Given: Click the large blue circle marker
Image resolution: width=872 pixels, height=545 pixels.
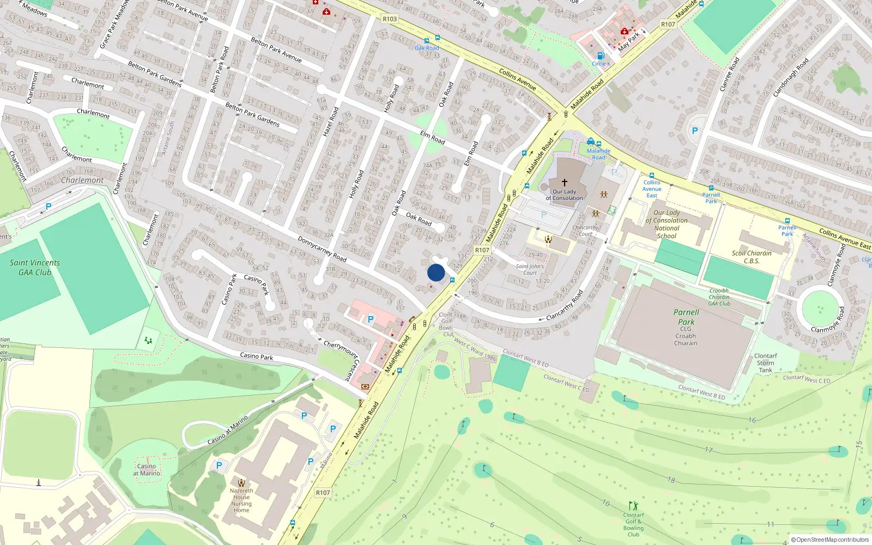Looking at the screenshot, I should (436, 272).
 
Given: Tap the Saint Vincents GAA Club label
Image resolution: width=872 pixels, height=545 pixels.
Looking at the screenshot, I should (35, 268).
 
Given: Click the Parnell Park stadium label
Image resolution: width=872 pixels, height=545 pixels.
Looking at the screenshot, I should (686, 317).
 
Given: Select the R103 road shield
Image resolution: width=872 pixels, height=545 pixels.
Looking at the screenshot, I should (390, 19).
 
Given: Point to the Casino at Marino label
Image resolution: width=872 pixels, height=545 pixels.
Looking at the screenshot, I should (147, 470).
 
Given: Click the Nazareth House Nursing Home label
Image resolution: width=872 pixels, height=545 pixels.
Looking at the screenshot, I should (241, 500).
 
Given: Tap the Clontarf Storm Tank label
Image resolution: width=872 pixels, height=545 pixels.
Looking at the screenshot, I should (765, 363).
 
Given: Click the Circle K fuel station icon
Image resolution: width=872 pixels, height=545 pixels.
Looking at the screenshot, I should (601, 56).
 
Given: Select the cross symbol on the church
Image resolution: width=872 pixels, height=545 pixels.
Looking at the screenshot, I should (565, 183).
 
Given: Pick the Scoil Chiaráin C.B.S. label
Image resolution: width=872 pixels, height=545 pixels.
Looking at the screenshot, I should (752, 257).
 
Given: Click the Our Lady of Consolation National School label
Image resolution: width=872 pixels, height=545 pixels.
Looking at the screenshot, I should (667, 225).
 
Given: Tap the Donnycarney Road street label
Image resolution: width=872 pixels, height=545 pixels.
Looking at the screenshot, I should (322, 249).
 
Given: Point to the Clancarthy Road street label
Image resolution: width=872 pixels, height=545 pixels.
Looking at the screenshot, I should (565, 306).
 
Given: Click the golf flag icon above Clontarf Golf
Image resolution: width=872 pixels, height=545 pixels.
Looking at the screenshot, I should (633, 506).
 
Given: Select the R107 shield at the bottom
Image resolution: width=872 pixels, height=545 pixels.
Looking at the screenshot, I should (323, 493).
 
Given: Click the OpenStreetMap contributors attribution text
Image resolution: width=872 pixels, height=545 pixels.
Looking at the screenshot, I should (829, 540).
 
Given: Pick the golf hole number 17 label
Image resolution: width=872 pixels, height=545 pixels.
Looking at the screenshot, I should (708, 450).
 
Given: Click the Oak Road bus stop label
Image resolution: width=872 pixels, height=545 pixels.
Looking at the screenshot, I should (426, 48).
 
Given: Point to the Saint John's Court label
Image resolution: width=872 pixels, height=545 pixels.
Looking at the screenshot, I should (530, 269).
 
